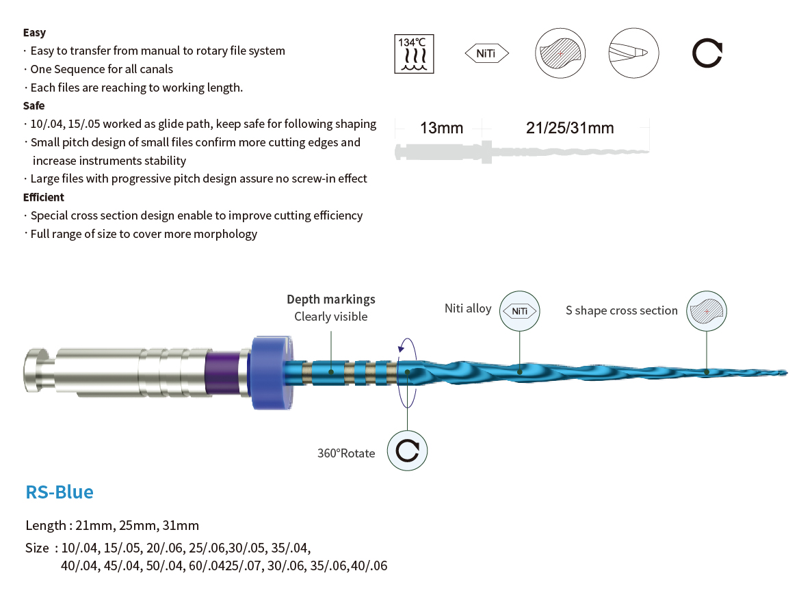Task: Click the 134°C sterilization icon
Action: [x=414, y=54]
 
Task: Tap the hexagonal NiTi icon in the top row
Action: [x=487, y=53]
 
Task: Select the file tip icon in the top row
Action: [x=633, y=53]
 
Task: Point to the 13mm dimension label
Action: [x=441, y=128]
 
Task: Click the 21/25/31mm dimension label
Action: [x=570, y=128]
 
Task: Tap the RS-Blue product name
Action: [x=60, y=492]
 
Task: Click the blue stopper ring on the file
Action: [x=271, y=372]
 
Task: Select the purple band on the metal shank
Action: [x=223, y=373]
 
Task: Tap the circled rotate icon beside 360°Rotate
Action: [x=408, y=451]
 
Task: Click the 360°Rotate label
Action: [x=346, y=453]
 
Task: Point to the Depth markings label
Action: [x=331, y=300]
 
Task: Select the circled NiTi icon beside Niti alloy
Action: [x=519, y=311]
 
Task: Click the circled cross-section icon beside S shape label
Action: [x=707, y=311]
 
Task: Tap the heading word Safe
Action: [x=34, y=105]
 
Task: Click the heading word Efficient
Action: [x=44, y=197]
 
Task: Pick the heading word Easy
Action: [x=34, y=33]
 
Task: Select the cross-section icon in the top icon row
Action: [x=560, y=53]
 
